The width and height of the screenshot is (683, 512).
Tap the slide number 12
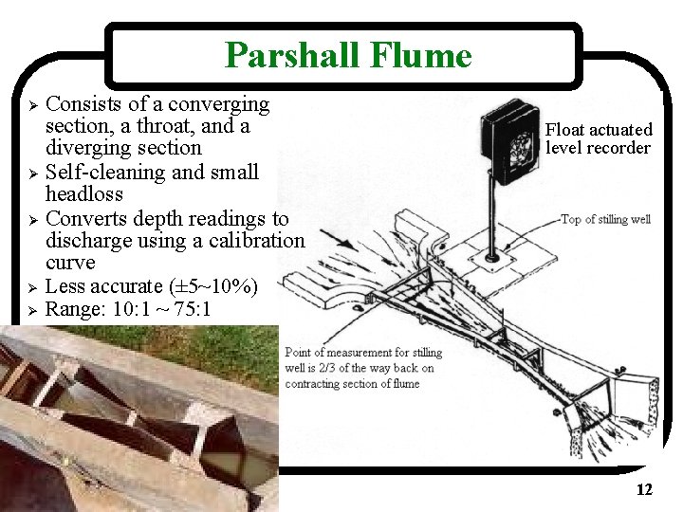coord(644,490)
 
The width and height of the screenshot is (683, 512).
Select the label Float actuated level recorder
coord(599,138)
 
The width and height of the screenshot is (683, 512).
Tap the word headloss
coord(83,193)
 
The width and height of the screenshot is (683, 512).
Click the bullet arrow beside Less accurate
coord(33,286)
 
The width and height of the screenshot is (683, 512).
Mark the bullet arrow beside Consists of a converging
coord(33,104)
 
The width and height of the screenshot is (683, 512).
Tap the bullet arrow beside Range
coord(33,309)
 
